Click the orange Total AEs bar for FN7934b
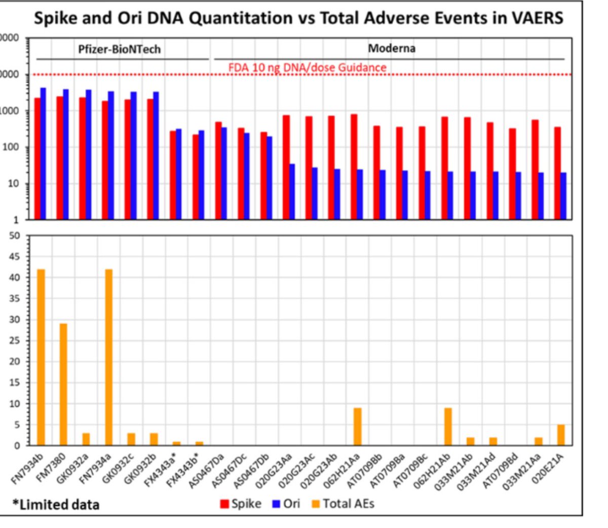point(41,357)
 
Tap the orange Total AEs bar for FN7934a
point(108,357)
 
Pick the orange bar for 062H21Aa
point(358,427)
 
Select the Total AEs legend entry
point(343,503)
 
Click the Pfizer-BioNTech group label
point(119,49)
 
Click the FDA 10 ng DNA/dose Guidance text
point(307,67)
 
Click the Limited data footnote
point(56,505)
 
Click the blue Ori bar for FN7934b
point(44,154)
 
